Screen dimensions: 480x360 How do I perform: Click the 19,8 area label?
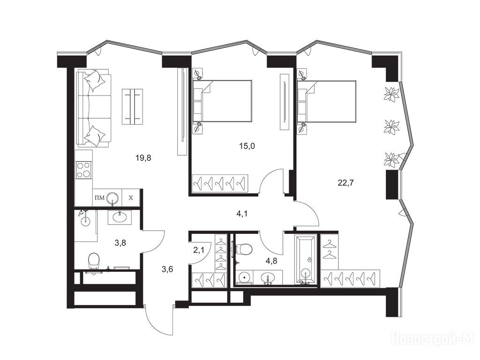[143, 158]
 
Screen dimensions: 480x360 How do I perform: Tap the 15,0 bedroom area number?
[247, 146]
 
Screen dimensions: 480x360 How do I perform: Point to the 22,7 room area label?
[345, 183]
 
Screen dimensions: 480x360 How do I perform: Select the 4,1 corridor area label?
[242, 214]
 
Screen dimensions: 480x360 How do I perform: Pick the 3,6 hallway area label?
[167, 269]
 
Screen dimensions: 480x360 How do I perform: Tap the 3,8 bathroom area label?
[120, 243]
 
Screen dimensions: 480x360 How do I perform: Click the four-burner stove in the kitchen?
[83, 170]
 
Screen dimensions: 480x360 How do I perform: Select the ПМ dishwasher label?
[99, 198]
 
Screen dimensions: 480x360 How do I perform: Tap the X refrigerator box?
[131, 198]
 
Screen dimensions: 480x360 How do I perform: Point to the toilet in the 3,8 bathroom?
[94, 261]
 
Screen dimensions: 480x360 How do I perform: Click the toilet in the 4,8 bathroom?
[244, 248]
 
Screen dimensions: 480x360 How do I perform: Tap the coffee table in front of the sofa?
[133, 106]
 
